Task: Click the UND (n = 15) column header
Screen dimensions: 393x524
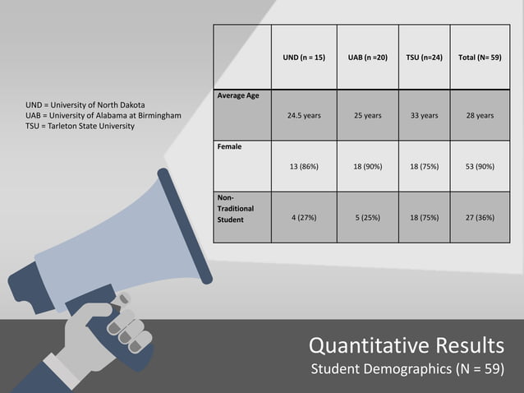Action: (x=304, y=58)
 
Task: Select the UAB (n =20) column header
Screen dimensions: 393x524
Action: (x=367, y=58)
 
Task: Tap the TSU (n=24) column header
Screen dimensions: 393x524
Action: (x=424, y=58)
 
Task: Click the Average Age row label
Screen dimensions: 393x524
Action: (x=238, y=96)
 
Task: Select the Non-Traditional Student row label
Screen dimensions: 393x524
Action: (x=236, y=209)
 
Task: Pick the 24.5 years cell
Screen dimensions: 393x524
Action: (x=304, y=116)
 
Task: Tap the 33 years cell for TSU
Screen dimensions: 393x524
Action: (x=424, y=116)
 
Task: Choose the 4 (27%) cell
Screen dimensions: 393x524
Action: (x=304, y=219)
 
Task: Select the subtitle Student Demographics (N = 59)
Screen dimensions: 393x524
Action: (x=407, y=368)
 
